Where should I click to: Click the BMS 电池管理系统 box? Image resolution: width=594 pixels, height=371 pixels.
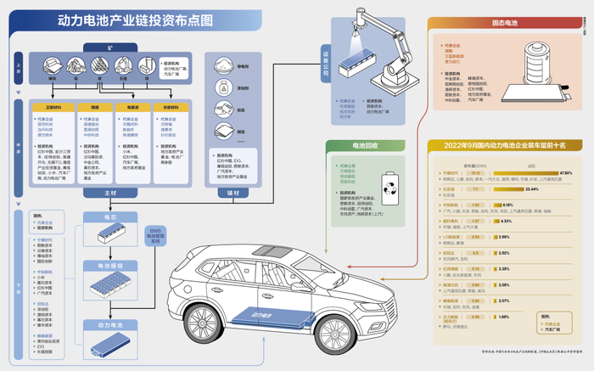coord(155,235)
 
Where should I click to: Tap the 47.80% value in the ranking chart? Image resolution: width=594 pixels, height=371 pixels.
coord(566,172)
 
